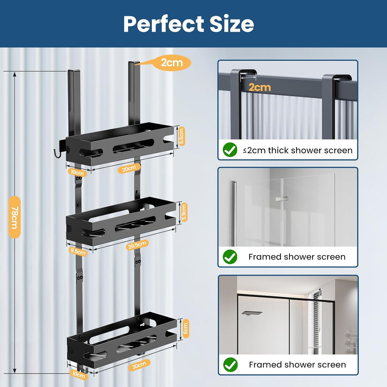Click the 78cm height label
[x=15, y=217]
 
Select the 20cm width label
[x=129, y=168]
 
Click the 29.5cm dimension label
[x=137, y=245]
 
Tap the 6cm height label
[x=185, y=328]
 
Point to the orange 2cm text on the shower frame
[x=260, y=87]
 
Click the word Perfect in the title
[x=164, y=24]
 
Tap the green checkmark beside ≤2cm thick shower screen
[x=230, y=150]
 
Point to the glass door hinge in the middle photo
[x=282, y=199]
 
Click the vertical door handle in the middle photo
[x=233, y=213]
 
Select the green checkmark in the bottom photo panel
[x=230, y=365]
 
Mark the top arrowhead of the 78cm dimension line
[x=15, y=74]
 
